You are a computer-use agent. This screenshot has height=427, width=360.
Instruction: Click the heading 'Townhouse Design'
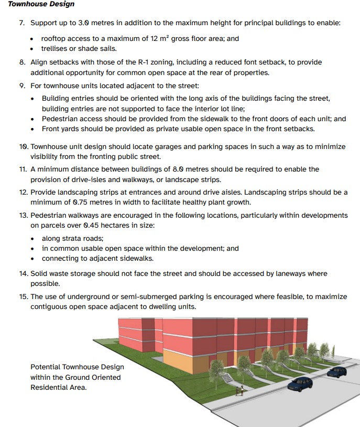click(x=41, y=4)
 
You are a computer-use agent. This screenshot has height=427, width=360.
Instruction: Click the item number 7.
click(x=22, y=23)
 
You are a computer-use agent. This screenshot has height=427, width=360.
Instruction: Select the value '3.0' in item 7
click(x=82, y=23)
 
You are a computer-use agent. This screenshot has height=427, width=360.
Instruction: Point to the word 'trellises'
click(x=57, y=49)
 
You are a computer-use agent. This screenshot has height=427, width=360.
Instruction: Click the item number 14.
click(x=23, y=273)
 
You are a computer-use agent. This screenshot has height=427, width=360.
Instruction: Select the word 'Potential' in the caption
click(x=46, y=367)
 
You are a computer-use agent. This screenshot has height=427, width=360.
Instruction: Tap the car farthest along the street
click(x=336, y=372)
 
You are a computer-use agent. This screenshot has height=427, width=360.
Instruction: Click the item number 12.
click(x=23, y=193)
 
